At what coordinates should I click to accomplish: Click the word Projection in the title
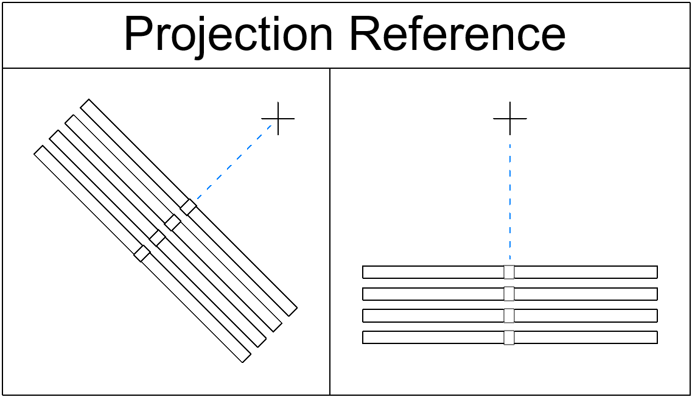point(228,35)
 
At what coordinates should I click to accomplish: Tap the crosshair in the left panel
point(278,118)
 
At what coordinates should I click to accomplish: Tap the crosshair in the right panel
point(510,118)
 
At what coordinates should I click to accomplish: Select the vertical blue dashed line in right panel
point(510,201)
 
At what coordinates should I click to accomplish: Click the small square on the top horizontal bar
point(509,272)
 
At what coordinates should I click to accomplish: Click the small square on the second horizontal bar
point(509,294)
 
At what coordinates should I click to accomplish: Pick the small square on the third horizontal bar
point(509,315)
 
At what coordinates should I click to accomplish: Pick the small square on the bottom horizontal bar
point(509,337)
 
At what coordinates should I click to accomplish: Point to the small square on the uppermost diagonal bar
point(189,207)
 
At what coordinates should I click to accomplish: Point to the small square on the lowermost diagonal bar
point(142,253)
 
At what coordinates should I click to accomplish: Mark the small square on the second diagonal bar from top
point(173,223)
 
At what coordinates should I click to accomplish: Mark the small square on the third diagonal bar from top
point(157,238)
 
